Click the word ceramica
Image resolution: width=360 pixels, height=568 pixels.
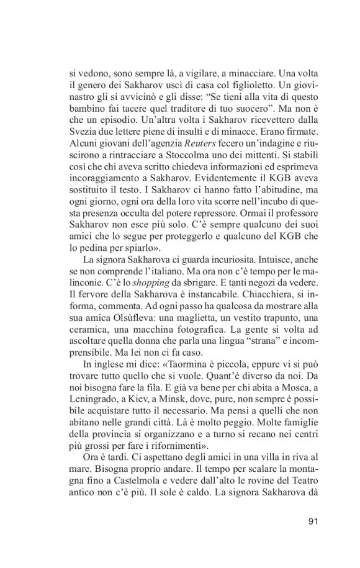point(88,331)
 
